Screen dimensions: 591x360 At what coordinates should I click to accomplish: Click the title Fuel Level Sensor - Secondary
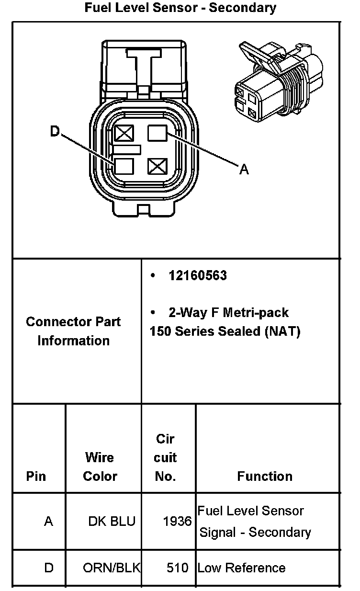coord(180,8)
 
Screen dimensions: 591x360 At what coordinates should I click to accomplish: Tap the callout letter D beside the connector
coord(55,132)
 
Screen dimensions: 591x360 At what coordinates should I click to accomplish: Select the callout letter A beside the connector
coord(244,169)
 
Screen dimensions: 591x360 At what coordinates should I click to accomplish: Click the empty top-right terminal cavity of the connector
coord(157,132)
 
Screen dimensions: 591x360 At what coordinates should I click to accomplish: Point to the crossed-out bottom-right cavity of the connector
coord(157,167)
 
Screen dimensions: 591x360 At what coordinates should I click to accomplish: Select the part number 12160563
coord(197,276)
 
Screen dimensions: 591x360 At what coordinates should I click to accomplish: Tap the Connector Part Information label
coord(74,331)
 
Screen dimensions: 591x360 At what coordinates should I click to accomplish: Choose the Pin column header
coord(36,477)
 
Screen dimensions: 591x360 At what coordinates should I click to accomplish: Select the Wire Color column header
coord(100,466)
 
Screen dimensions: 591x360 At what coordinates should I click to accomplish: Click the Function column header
coord(265,476)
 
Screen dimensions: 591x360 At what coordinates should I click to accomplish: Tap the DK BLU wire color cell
coord(112,521)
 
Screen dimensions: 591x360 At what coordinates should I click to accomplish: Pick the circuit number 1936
coord(177,521)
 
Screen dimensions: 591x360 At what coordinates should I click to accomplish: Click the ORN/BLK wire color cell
coord(112,568)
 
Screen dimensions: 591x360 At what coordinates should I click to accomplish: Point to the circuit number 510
coord(178,568)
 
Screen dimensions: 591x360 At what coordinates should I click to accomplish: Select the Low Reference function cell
coord(241,568)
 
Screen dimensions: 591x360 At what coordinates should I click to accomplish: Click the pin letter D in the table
coord(49,568)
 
